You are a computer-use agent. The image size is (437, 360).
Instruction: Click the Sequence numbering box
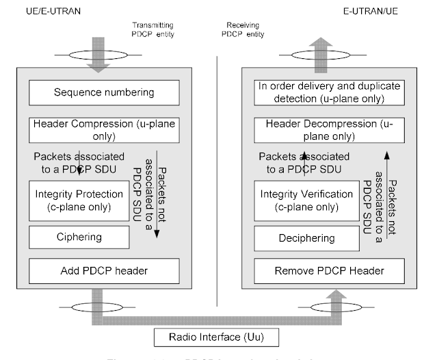click(x=103, y=92)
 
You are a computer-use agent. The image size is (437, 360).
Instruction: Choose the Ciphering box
click(x=79, y=237)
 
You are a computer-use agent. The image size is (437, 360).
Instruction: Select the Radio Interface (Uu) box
click(x=216, y=337)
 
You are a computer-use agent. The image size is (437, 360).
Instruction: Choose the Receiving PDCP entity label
click(x=249, y=27)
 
